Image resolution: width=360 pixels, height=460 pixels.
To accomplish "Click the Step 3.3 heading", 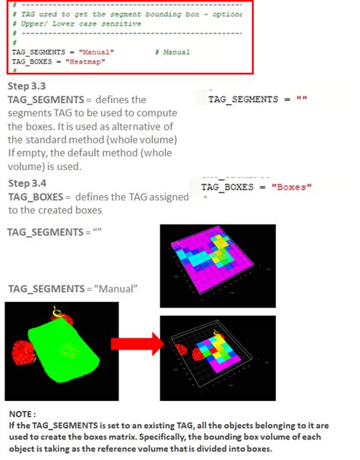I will click(x=27, y=87).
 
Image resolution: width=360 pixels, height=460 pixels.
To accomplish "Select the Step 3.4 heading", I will click(x=27, y=184).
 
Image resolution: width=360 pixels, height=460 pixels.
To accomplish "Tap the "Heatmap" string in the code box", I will click(x=87, y=61).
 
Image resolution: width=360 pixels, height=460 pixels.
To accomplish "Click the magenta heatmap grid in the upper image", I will click(x=216, y=258).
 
